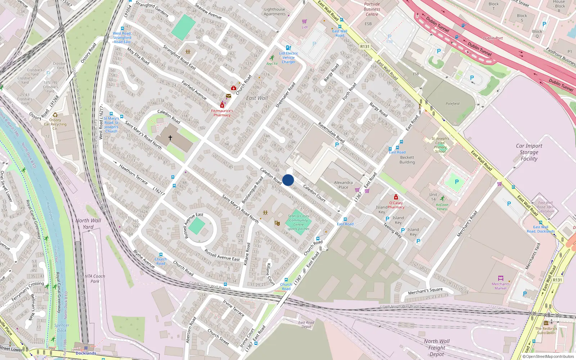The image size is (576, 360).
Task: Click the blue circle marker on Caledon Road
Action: tap(288, 180)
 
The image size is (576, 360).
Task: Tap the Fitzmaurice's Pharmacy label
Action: tap(222, 113)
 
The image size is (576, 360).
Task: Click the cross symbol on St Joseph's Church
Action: tap(170, 138)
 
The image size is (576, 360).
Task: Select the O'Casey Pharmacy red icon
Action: tap(396, 197)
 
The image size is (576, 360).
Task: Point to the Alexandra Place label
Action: tap(343, 185)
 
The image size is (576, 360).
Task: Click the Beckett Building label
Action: tap(407, 160)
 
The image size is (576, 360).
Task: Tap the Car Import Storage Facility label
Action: tap(529, 152)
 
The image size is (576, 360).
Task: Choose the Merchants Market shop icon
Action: tap(500, 278)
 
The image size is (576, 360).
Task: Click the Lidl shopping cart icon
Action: tap(305, 22)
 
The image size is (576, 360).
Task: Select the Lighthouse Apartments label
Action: tap(274, 12)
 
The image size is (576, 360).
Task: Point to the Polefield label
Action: tap(453, 104)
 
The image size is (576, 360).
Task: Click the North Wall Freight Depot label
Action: tap(437, 347)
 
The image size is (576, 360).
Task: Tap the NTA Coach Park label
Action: tap(95, 279)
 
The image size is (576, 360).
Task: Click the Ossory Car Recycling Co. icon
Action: tap(55, 115)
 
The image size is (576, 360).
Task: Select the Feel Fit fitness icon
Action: tap(272, 58)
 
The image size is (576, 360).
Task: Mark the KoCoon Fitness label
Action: tap(442, 207)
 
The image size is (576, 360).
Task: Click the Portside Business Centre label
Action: tap(372, 9)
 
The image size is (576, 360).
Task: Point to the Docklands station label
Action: tap(86, 353)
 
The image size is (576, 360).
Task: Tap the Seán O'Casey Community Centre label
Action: tap(298, 222)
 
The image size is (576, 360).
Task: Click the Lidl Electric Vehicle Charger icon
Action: tap(288, 48)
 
